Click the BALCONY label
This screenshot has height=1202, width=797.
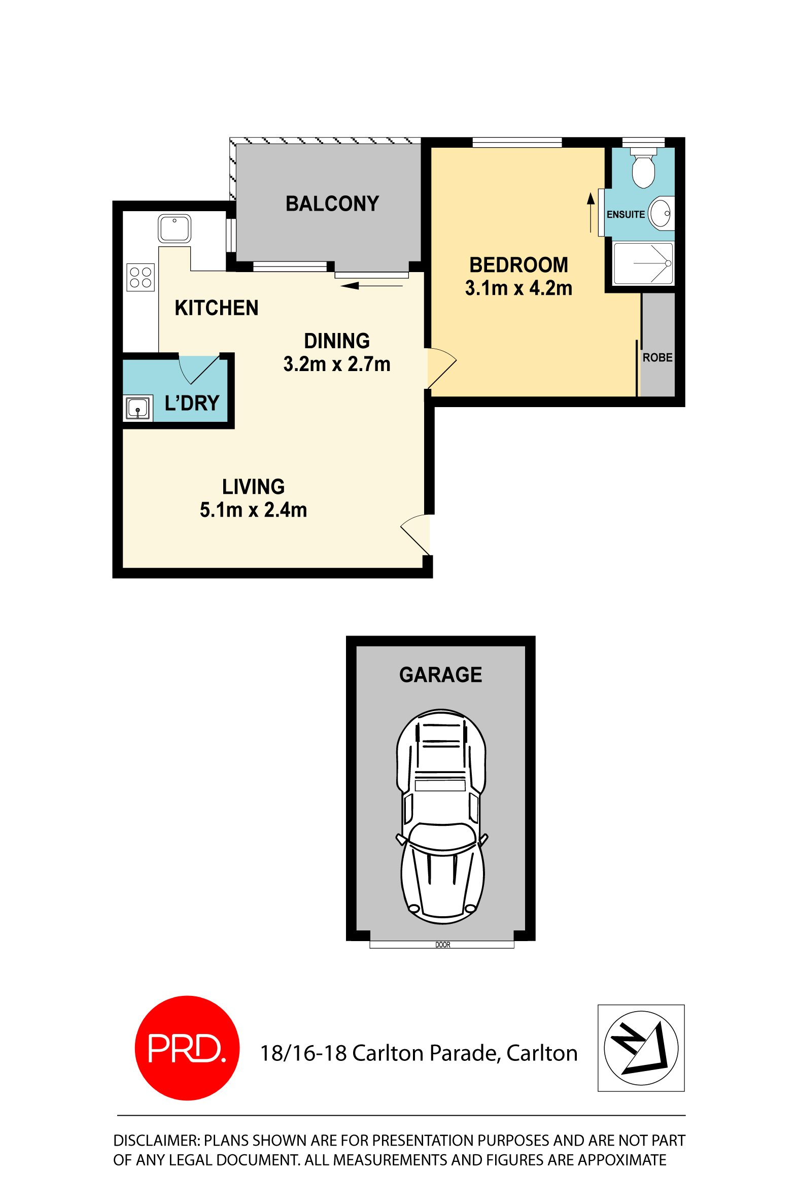332,204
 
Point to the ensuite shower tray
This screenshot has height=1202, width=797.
643,263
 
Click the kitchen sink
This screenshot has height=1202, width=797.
175,229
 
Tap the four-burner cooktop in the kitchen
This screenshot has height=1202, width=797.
141,277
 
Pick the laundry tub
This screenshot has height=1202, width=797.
138,408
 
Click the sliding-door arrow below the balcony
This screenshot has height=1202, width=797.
371,286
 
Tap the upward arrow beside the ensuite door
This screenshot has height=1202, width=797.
591,213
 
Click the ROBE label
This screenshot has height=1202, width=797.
657,357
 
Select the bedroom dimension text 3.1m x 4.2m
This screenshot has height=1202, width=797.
518,288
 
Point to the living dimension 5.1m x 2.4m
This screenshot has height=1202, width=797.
253,510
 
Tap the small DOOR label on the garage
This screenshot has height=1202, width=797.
443,945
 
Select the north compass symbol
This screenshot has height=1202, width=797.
641,1048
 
